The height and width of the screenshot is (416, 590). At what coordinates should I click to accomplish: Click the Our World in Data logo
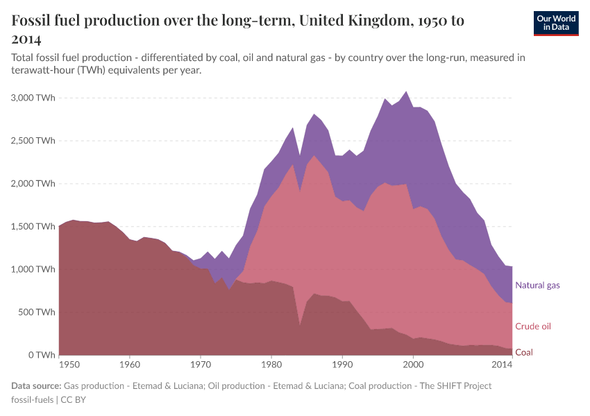[556, 23]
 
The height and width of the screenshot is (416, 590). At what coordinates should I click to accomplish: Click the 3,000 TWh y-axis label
[31, 98]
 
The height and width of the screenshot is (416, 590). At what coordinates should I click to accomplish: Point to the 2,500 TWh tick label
[31, 141]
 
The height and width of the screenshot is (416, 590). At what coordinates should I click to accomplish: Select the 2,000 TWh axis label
[31, 184]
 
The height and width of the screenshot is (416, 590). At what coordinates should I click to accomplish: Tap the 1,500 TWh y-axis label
[31, 227]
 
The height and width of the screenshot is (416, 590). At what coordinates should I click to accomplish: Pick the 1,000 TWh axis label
[31, 269]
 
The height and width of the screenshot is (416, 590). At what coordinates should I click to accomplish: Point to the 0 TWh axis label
[41, 355]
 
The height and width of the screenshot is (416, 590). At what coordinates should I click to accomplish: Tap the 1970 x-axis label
[201, 363]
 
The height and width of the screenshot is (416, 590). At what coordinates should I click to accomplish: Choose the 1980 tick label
[271, 363]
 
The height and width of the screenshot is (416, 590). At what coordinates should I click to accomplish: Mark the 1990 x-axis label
[342, 363]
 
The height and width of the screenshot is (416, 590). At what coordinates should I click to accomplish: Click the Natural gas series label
[537, 285]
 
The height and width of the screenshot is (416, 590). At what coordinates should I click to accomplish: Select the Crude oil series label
[533, 327]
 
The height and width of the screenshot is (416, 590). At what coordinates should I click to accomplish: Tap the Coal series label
[524, 352]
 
